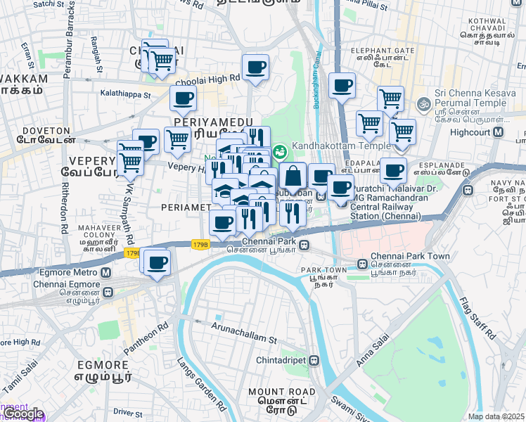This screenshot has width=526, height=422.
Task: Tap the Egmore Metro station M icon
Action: point(105,274)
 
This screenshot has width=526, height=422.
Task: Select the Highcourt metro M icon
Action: point(499,132)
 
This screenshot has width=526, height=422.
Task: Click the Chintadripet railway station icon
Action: point(314,361)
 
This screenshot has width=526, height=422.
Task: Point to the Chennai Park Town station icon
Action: point(361,267)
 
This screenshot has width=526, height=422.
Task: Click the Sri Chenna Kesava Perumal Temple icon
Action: point(423,103)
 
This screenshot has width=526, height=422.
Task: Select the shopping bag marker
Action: point(293,177)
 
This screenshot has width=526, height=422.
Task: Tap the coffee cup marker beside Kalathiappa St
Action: point(184,99)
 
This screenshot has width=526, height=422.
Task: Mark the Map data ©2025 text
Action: point(495,416)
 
